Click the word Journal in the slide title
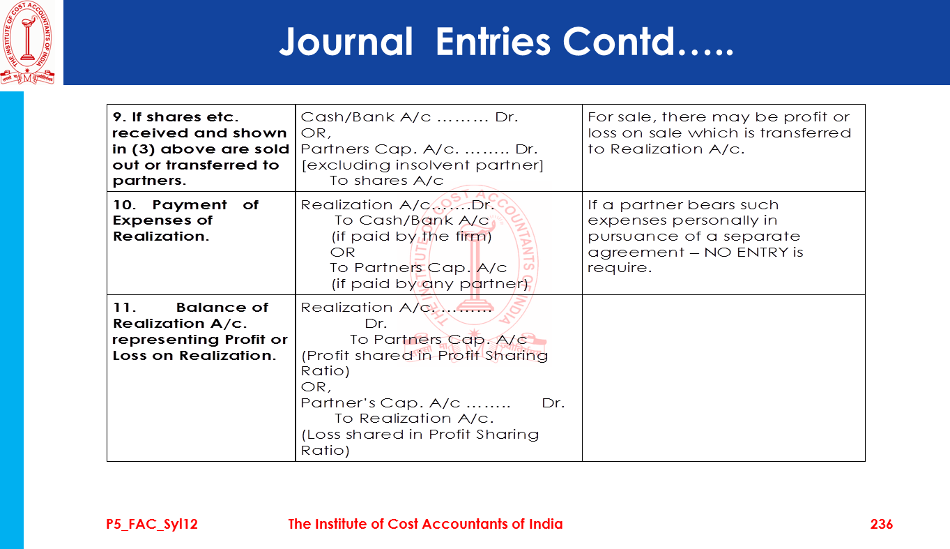(346, 42)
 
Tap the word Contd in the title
(620, 42)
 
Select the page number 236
(881, 524)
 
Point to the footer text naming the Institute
(425, 524)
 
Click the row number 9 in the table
(117, 117)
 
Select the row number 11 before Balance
(123, 308)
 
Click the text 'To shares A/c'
(386, 181)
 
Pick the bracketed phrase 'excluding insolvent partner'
(422, 165)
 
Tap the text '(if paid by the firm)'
(411, 236)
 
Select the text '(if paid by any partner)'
(429, 284)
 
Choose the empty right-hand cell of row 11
(723, 377)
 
